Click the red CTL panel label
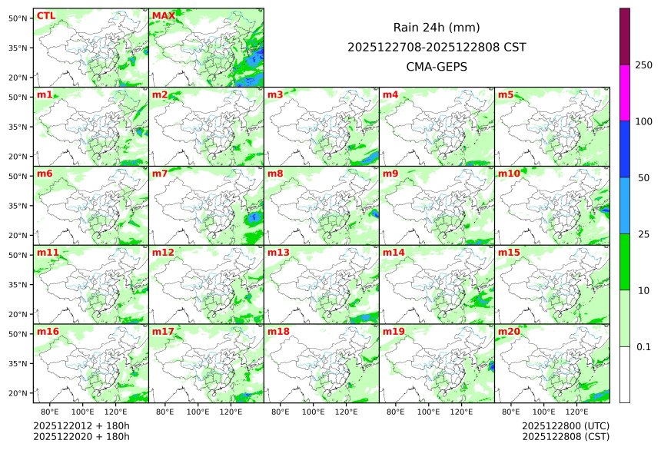45,16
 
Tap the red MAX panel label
163,16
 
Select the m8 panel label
276,174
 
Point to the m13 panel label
278,253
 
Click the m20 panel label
509,332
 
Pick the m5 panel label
506,95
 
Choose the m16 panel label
48,332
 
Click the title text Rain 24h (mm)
437,28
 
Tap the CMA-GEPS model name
437,67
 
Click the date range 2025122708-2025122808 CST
437,47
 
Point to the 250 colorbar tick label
644,65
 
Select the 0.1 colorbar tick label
644,347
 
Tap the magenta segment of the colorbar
625,92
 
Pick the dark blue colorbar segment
625,149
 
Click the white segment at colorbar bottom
625,375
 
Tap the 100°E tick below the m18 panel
313,412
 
